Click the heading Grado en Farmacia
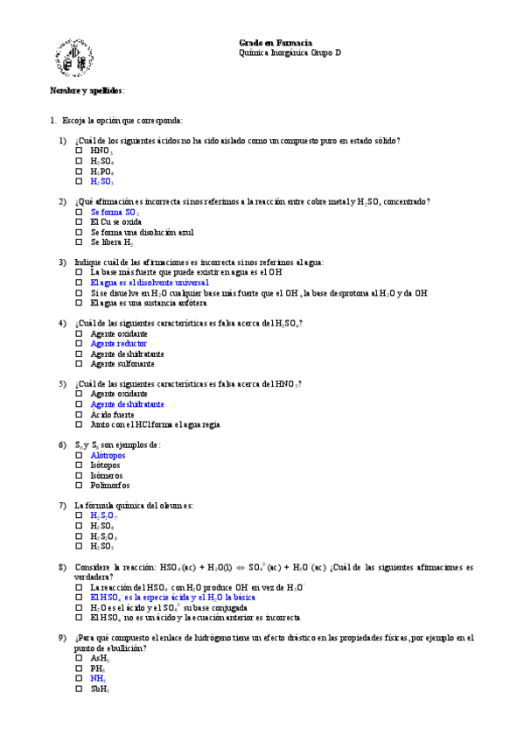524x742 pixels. tap(276, 43)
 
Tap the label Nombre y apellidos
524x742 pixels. tap(87, 90)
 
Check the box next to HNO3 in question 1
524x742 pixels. tap(79, 150)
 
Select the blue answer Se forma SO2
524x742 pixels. tap(115, 213)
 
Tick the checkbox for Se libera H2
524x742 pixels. tap(79, 242)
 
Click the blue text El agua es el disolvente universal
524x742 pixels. tap(150, 283)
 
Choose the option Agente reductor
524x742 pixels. tap(119, 344)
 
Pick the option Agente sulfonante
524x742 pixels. tap(122, 364)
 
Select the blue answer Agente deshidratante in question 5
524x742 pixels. tap(127, 404)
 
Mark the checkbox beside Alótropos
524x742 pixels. tap(79, 455)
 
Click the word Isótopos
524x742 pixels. tap(106, 465)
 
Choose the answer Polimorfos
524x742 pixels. tap(110, 486)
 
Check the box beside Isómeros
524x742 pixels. tap(79, 475)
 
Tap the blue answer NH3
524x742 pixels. tap(98, 678)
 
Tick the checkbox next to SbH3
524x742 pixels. tap(79, 689)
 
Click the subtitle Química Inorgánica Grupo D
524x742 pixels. tap(290, 53)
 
